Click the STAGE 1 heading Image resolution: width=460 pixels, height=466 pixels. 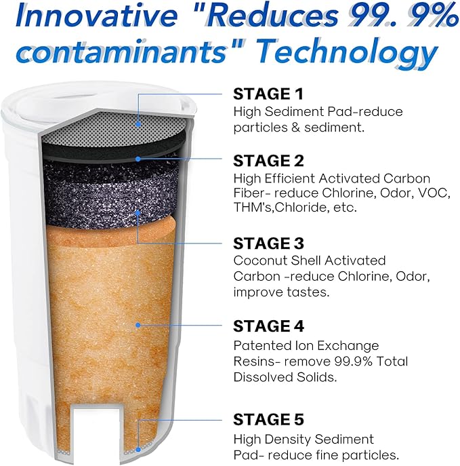268,94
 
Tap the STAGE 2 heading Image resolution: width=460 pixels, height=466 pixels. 270,160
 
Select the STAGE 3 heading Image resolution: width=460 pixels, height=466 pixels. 270,243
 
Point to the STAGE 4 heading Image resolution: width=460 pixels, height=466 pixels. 270,326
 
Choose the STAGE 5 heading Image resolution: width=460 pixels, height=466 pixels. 270,419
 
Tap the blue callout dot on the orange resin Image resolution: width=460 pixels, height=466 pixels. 138,326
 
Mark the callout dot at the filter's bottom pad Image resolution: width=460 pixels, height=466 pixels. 139,448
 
